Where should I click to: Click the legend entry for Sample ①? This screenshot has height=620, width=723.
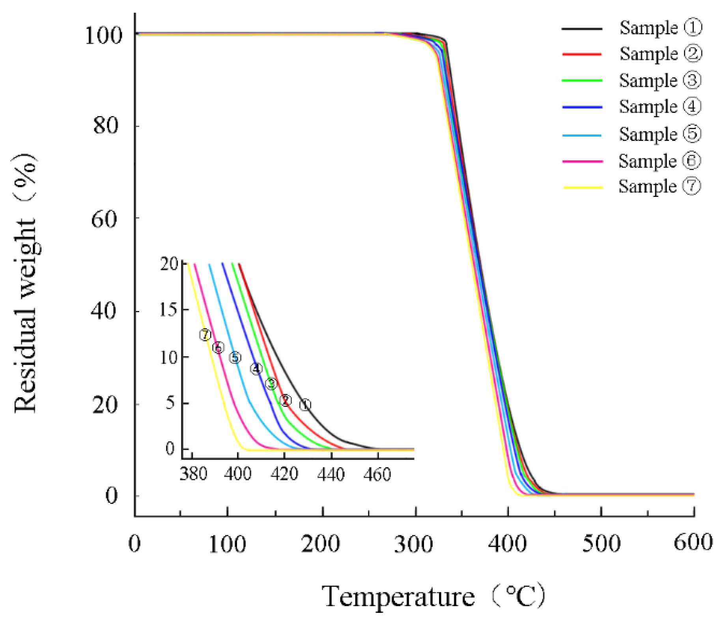[x=660, y=28]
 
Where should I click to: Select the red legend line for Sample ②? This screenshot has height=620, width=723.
[x=581, y=54]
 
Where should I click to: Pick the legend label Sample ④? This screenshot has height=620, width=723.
[x=660, y=107]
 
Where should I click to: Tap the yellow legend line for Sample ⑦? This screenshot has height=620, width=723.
[x=583, y=187]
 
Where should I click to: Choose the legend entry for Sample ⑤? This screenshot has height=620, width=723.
[x=660, y=134]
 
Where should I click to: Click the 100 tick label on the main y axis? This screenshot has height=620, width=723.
[x=103, y=35]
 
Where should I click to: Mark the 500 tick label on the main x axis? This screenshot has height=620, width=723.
[x=601, y=543]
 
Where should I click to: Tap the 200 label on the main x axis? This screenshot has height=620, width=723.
[x=320, y=543]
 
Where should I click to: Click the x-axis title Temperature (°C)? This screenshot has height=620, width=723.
[x=434, y=596]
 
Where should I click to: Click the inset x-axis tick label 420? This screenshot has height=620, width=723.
[x=284, y=474]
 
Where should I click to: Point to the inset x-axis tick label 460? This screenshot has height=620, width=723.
[x=377, y=474]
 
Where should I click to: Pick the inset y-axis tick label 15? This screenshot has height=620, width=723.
[x=168, y=310]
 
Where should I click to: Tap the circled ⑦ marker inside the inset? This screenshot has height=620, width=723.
[x=205, y=335]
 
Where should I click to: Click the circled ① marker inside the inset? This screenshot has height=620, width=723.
[x=305, y=405]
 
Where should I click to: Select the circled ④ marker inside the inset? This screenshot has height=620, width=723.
[x=256, y=369]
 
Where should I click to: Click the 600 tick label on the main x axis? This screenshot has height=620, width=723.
[x=693, y=543]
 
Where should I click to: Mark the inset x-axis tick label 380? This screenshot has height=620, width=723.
[x=193, y=474]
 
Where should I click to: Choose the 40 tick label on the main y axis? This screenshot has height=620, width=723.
[x=103, y=311]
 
